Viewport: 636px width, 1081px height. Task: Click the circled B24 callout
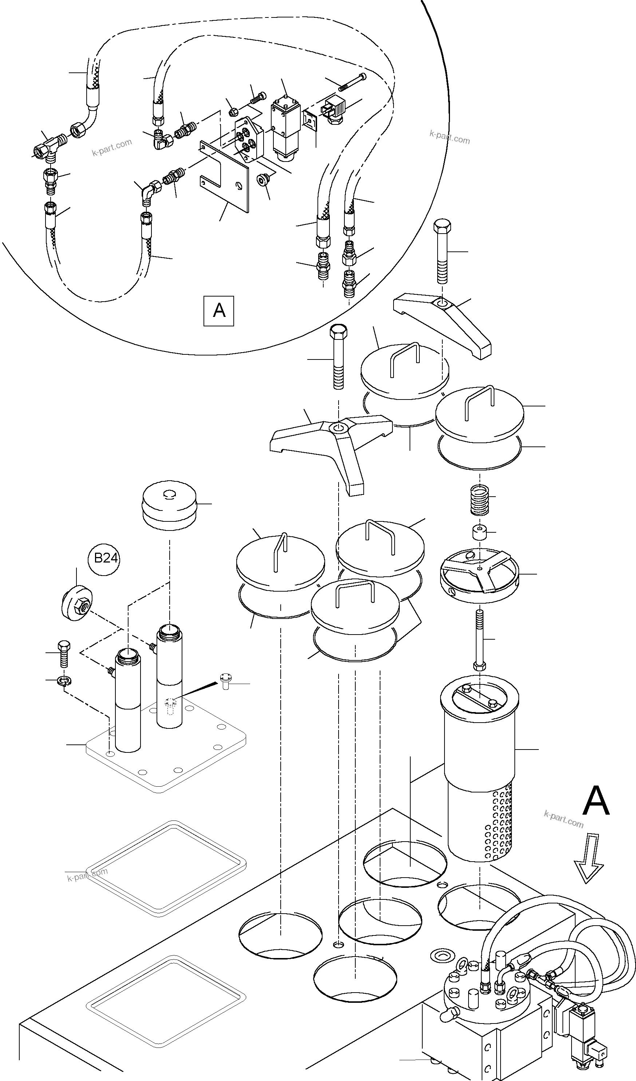(106, 558)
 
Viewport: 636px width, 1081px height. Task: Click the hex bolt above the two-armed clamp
(442, 251)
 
